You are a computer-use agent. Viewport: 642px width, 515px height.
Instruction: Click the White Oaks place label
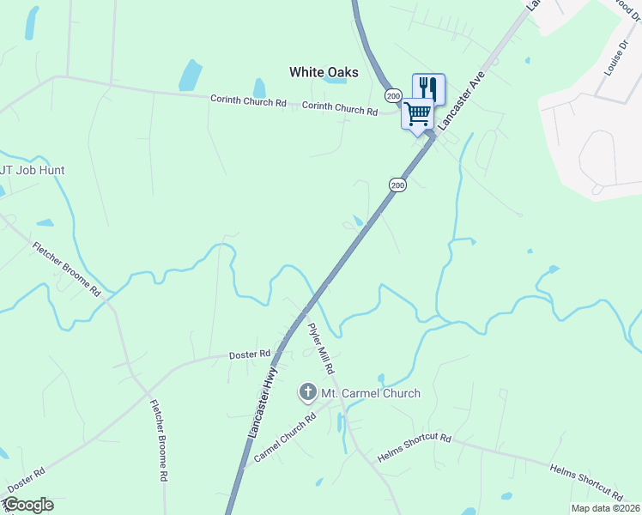tap(324, 72)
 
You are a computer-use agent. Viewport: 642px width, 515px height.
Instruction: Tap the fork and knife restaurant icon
tap(428, 88)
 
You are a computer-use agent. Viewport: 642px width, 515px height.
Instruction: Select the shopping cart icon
tap(418, 113)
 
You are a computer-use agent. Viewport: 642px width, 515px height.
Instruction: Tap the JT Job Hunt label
tap(33, 170)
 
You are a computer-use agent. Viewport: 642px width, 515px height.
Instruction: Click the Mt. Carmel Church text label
tap(370, 393)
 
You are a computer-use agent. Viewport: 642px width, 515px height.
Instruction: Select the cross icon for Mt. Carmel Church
tap(307, 393)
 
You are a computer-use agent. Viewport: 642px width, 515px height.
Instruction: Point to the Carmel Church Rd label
tap(286, 438)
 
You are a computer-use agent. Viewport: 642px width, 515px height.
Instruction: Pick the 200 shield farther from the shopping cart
tap(397, 185)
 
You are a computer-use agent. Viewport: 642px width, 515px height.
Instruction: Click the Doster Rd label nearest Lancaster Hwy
tap(250, 354)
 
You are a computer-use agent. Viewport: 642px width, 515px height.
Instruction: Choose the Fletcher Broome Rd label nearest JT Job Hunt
tap(67, 269)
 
